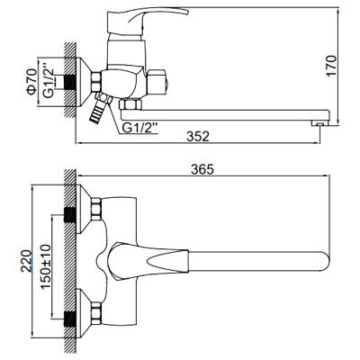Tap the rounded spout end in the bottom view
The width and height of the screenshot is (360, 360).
pyautogui.click(x=317, y=261)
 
